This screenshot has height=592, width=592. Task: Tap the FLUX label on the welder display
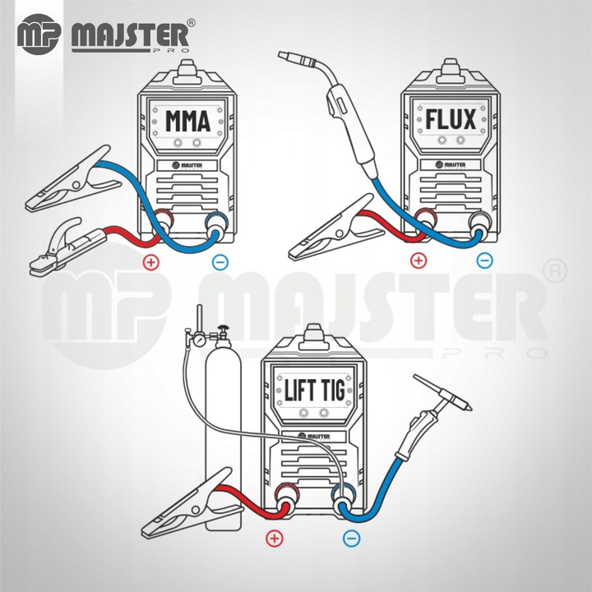click(451, 120)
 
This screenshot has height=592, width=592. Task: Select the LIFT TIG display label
click(314, 389)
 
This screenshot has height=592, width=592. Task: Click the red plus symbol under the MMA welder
click(150, 262)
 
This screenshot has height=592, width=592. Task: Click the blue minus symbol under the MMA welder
click(218, 262)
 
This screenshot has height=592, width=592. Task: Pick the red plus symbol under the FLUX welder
click(419, 261)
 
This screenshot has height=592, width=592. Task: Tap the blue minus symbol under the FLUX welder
click(485, 261)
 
